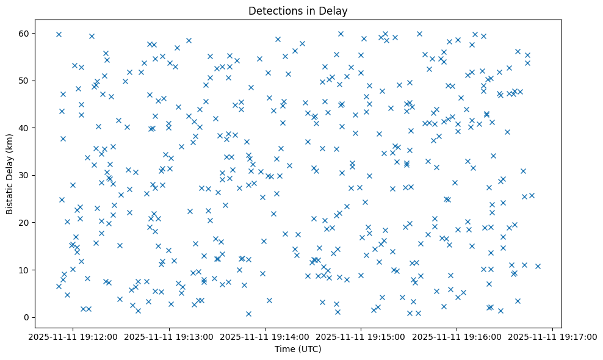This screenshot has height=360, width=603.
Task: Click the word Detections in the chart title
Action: tap(272, 11)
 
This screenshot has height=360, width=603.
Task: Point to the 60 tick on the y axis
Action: tap(26, 33)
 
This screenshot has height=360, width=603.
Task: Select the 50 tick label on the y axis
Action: tap(26, 81)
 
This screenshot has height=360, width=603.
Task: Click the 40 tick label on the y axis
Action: tap(26, 128)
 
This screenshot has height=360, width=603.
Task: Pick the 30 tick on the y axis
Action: tap(26, 175)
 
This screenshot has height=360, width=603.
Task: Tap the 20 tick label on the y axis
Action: tap(26, 222)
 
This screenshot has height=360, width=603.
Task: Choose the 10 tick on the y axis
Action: tap(26, 270)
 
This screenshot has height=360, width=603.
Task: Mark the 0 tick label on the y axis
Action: tap(28, 317)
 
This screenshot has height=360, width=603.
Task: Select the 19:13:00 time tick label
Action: tap(169, 336)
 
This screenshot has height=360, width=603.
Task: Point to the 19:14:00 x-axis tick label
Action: tap(265, 336)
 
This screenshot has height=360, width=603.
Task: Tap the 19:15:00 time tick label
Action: tap(361, 336)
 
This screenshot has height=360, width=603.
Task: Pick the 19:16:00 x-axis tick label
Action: tap(457, 336)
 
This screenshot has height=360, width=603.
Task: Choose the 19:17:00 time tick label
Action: tap(553, 336)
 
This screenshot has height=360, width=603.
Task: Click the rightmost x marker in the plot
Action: tap(538, 266)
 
